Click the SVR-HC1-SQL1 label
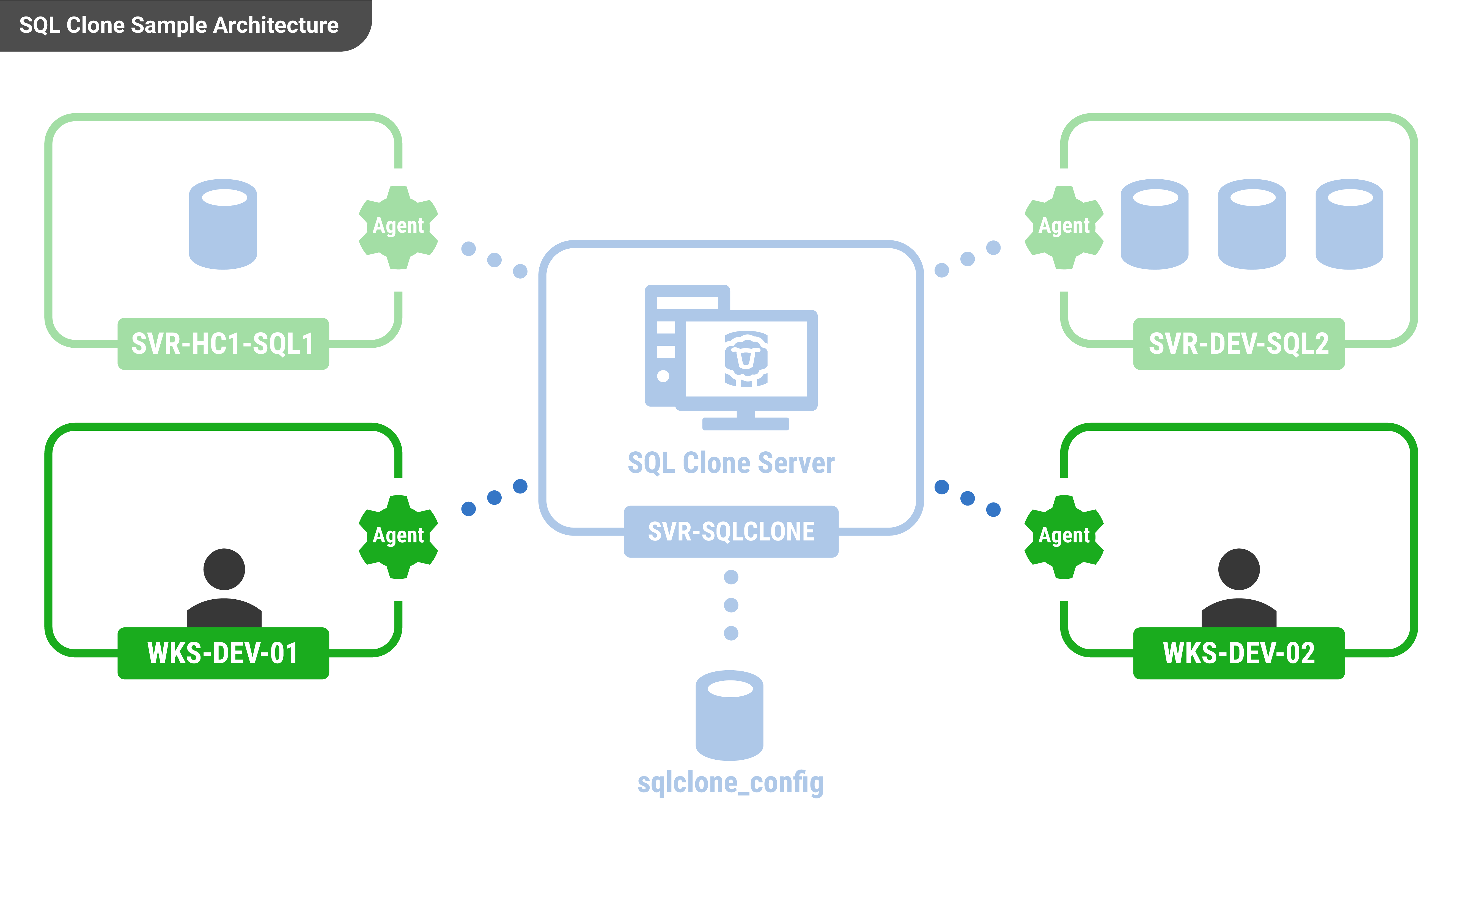pyautogui.click(x=223, y=344)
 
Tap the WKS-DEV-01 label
pyautogui.click(x=223, y=653)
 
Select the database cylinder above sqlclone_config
pyautogui.click(x=730, y=716)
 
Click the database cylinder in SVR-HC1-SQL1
pyautogui.click(x=223, y=224)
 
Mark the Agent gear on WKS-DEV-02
pyautogui.click(x=1064, y=537)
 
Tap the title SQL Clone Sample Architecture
pyautogui.click(x=179, y=26)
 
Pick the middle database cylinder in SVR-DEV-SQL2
pyautogui.click(x=1252, y=224)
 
